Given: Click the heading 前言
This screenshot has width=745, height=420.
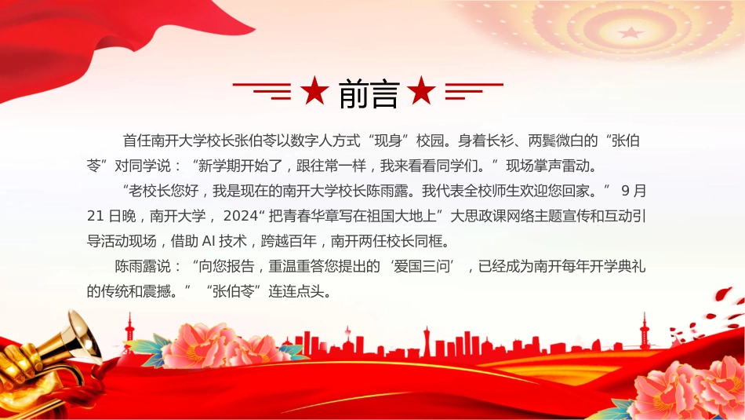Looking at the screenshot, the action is pos(369,93).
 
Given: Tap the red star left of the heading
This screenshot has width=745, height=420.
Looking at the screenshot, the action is pos(314,90).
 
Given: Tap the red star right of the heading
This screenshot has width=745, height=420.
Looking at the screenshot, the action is pos(421,90).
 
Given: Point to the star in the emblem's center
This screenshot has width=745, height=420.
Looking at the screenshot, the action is pos(631,33).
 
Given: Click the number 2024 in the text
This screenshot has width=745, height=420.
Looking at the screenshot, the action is pos(241,216).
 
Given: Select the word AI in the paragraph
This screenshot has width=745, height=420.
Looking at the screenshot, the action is pos(209,241).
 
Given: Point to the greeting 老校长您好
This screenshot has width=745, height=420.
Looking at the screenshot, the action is pos(164,192).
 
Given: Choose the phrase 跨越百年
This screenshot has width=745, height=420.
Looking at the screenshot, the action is pos(289,241).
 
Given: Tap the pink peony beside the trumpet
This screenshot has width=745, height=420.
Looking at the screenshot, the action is pos(219,345).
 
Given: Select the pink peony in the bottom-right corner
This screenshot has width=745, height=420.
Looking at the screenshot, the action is pos(694,388).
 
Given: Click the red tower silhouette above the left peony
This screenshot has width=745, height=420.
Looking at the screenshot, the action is pos(129,329).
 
